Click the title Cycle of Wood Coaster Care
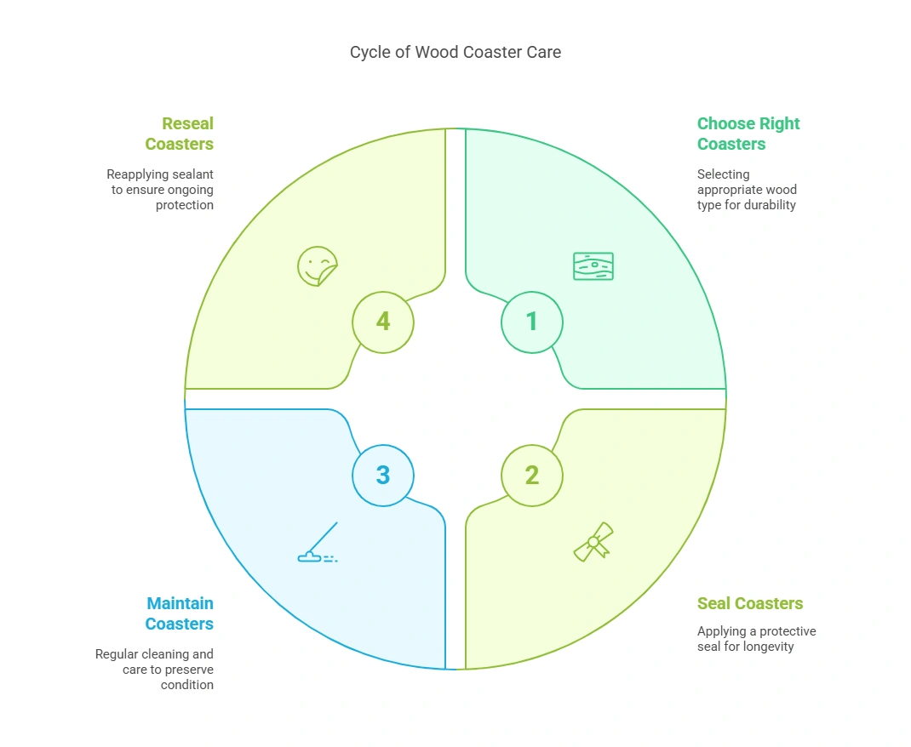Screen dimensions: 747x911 (455, 52)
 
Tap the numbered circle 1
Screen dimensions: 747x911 (531, 322)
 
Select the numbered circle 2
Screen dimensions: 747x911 (531, 475)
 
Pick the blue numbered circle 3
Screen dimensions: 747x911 (383, 475)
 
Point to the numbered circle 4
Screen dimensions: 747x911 (383, 322)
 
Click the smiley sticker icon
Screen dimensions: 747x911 (318, 265)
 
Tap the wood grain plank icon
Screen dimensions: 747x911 (593, 265)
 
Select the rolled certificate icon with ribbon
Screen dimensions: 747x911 (593, 542)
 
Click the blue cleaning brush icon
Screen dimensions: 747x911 (318, 545)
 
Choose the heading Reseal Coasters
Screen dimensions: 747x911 (180, 134)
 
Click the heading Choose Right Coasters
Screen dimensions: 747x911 (748, 134)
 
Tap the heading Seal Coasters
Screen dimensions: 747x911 (750, 603)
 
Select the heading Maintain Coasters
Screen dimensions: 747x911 (180, 613)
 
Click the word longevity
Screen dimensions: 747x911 (766, 647)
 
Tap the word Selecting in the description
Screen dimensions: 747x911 (724, 174)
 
